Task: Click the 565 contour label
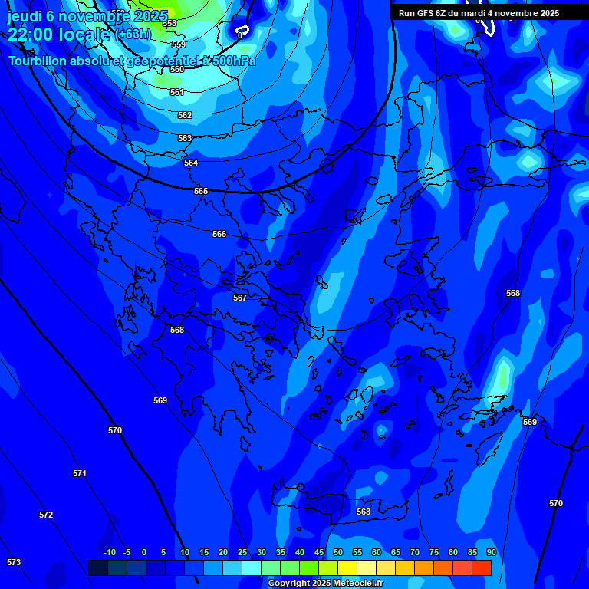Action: point(201,191)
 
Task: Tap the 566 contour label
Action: point(219,234)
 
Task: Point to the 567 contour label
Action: point(240,298)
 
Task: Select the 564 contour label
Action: point(191,163)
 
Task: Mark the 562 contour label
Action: point(185,115)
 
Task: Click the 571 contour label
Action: point(80,473)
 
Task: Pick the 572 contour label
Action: point(46,515)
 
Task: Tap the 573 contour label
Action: point(14,562)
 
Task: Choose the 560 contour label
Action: point(177,69)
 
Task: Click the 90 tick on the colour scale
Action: point(491,552)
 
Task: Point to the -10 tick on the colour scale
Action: point(109,552)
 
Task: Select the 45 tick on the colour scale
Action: point(318,552)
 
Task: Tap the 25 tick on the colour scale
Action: point(242,552)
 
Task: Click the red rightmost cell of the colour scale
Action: point(482,568)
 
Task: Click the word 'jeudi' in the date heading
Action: point(25,16)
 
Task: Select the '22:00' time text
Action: point(30,34)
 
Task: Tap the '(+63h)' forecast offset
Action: point(133,35)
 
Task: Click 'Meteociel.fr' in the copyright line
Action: point(358,584)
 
